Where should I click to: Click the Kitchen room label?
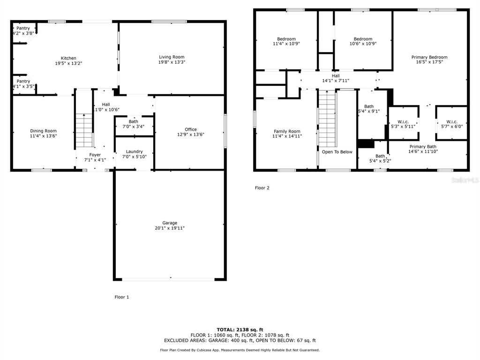(68, 58)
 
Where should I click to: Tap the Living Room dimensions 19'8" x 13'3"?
(172, 62)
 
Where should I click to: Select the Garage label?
(170, 223)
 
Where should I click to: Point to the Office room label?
(191, 129)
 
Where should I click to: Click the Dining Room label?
(43, 131)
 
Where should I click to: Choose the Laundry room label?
(135, 151)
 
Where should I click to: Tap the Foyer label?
(95, 155)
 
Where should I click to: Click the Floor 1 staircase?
(84, 131)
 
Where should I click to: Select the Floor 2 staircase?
(327, 119)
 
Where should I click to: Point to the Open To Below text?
(337, 152)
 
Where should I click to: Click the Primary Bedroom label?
(429, 57)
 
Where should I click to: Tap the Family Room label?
(287, 131)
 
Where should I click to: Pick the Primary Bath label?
(423, 147)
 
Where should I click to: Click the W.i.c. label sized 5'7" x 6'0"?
(452, 122)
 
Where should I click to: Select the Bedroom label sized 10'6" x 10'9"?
(363, 39)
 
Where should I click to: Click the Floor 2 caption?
(262, 188)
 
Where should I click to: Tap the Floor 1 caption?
(122, 297)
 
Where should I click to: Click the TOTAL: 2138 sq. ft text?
(240, 330)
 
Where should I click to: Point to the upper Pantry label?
(23, 28)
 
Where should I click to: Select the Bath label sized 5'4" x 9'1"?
(369, 106)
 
